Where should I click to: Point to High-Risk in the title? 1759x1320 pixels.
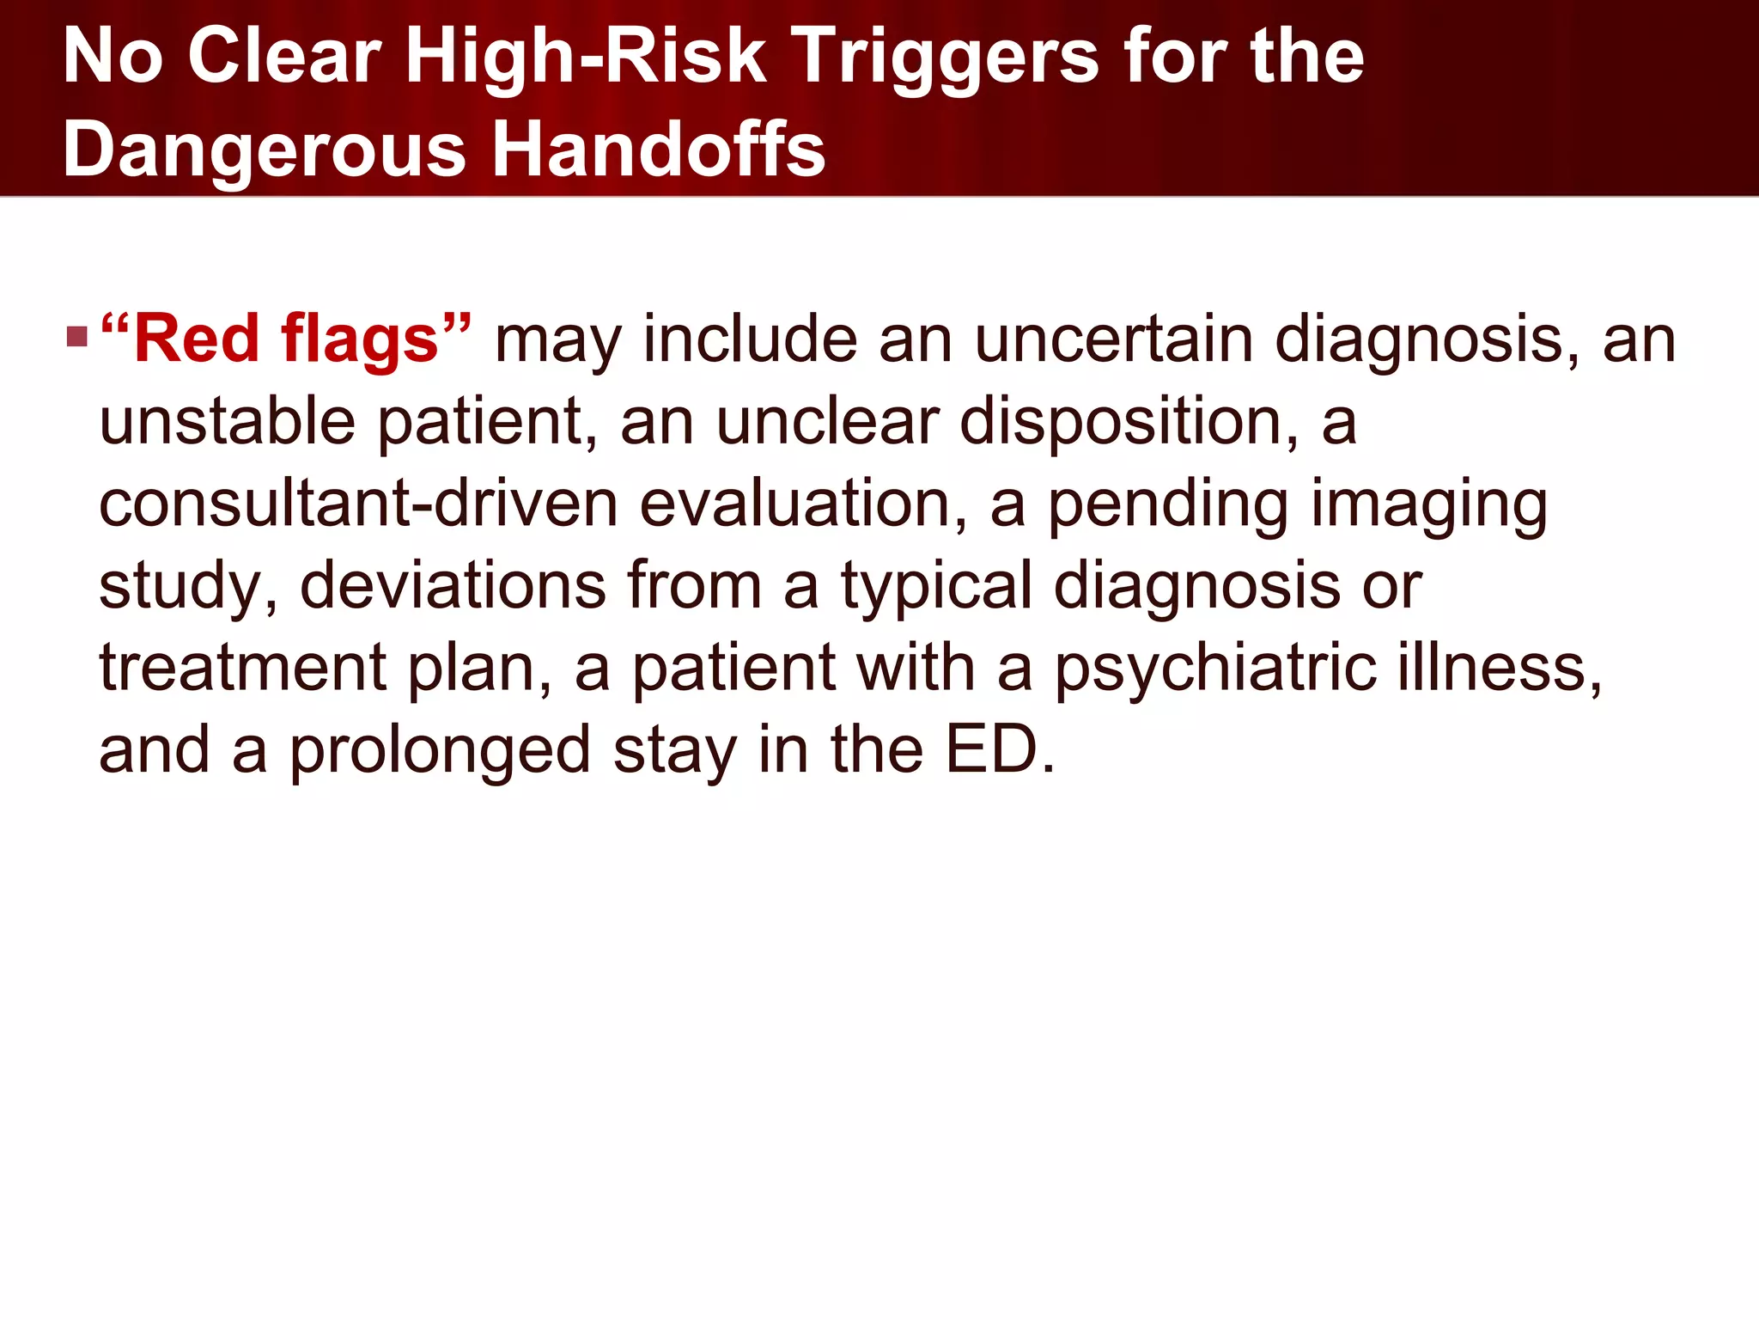pyautogui.click(x=586, y=57)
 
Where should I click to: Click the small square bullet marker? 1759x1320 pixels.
pyautogui.click(x=77, y=336)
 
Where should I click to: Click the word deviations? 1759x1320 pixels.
pyautogui.click(x=453, y=585)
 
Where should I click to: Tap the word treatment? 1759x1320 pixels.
pyautogui.click(x=243, y=668)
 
